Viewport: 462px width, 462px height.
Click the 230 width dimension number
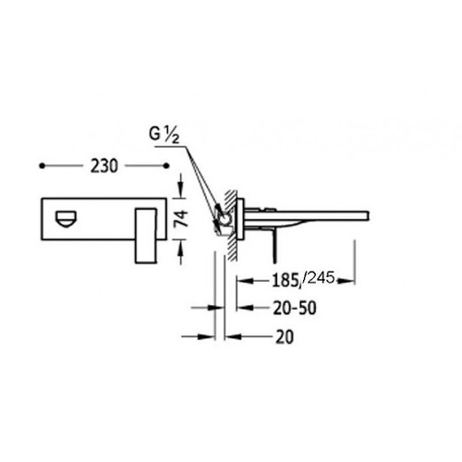104,166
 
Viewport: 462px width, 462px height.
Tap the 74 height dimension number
181,219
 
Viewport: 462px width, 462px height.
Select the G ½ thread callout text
164,135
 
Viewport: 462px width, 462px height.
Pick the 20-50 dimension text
295,308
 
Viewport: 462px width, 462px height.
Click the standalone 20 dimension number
285,336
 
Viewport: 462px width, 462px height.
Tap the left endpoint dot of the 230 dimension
43,166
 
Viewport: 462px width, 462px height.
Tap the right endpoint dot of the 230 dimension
166,166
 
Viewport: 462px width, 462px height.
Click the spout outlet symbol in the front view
66,218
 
